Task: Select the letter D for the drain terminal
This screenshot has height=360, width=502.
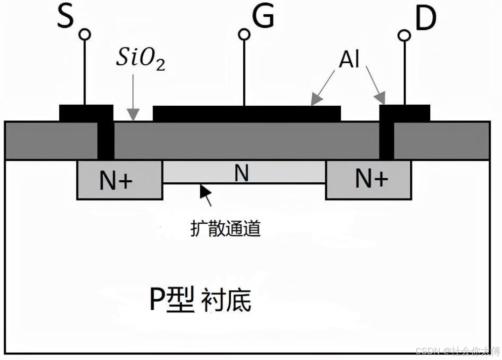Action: [x=425, y=18]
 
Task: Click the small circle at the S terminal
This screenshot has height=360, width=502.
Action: [x=85, y=34]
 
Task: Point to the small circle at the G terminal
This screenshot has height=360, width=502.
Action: [x=244, y=34]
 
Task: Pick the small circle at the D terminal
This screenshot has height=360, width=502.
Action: [x=405, y=35]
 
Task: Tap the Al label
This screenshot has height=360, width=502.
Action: [x=349, y=60]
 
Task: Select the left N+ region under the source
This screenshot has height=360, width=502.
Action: [x=119, y=180]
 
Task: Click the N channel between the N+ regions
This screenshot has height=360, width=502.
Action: [x=242, y=172]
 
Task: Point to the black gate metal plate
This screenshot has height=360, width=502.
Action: [x=247, y=114]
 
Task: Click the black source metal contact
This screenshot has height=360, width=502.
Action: [x=86, y=113]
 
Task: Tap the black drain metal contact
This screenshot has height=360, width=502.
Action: [x=404, y=113]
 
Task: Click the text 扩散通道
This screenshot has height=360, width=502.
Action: [x=225, y=229]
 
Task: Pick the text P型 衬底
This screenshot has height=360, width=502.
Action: [x=200, y=300]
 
